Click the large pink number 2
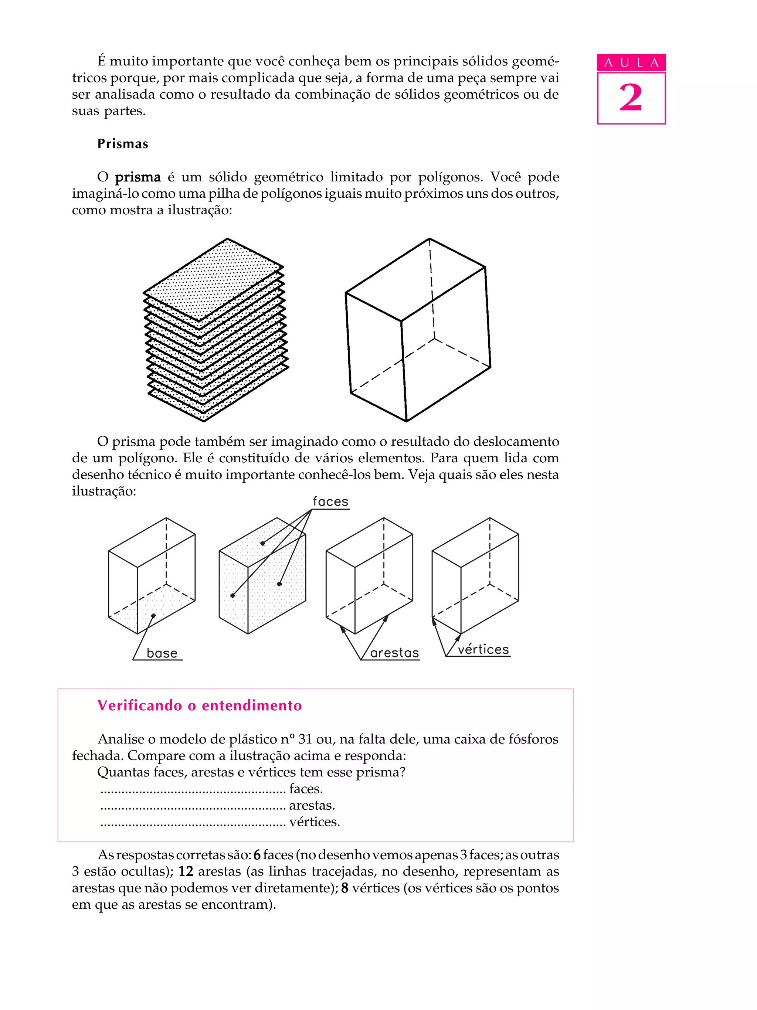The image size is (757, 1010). click(x=631, y=98)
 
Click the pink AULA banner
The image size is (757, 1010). click(x=631, y=62)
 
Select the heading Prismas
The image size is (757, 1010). click(x=123, y=144)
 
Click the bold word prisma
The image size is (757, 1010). click(x=138, y=177)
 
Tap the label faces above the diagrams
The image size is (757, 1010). click(x=330, y=502)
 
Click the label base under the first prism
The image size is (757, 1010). click(x=162, y=653)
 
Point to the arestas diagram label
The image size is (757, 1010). click(x=394, y=653)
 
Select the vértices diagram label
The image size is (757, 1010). click(x=483, y=650)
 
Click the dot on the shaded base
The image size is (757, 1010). click(x=153, y=615)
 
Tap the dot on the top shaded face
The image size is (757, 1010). click(x=262, y=543)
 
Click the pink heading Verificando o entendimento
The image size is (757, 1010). click(x=200, y=705)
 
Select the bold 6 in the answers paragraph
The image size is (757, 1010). click(x=257, y=855)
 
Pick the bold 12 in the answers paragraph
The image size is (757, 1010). click(x=186, y=871)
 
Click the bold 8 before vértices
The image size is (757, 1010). click(x=345, y=888)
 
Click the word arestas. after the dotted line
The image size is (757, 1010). click(x=312, y=805)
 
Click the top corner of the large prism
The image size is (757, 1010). click(x=429, y=238)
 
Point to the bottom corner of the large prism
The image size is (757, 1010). click(x=406, y=421)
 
